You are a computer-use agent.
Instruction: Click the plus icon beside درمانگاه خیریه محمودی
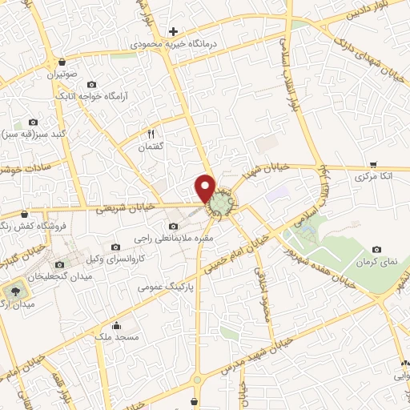point(173,30)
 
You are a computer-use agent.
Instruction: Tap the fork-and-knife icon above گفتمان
point(149,134)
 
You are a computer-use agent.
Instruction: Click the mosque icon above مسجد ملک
point(117,326)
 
